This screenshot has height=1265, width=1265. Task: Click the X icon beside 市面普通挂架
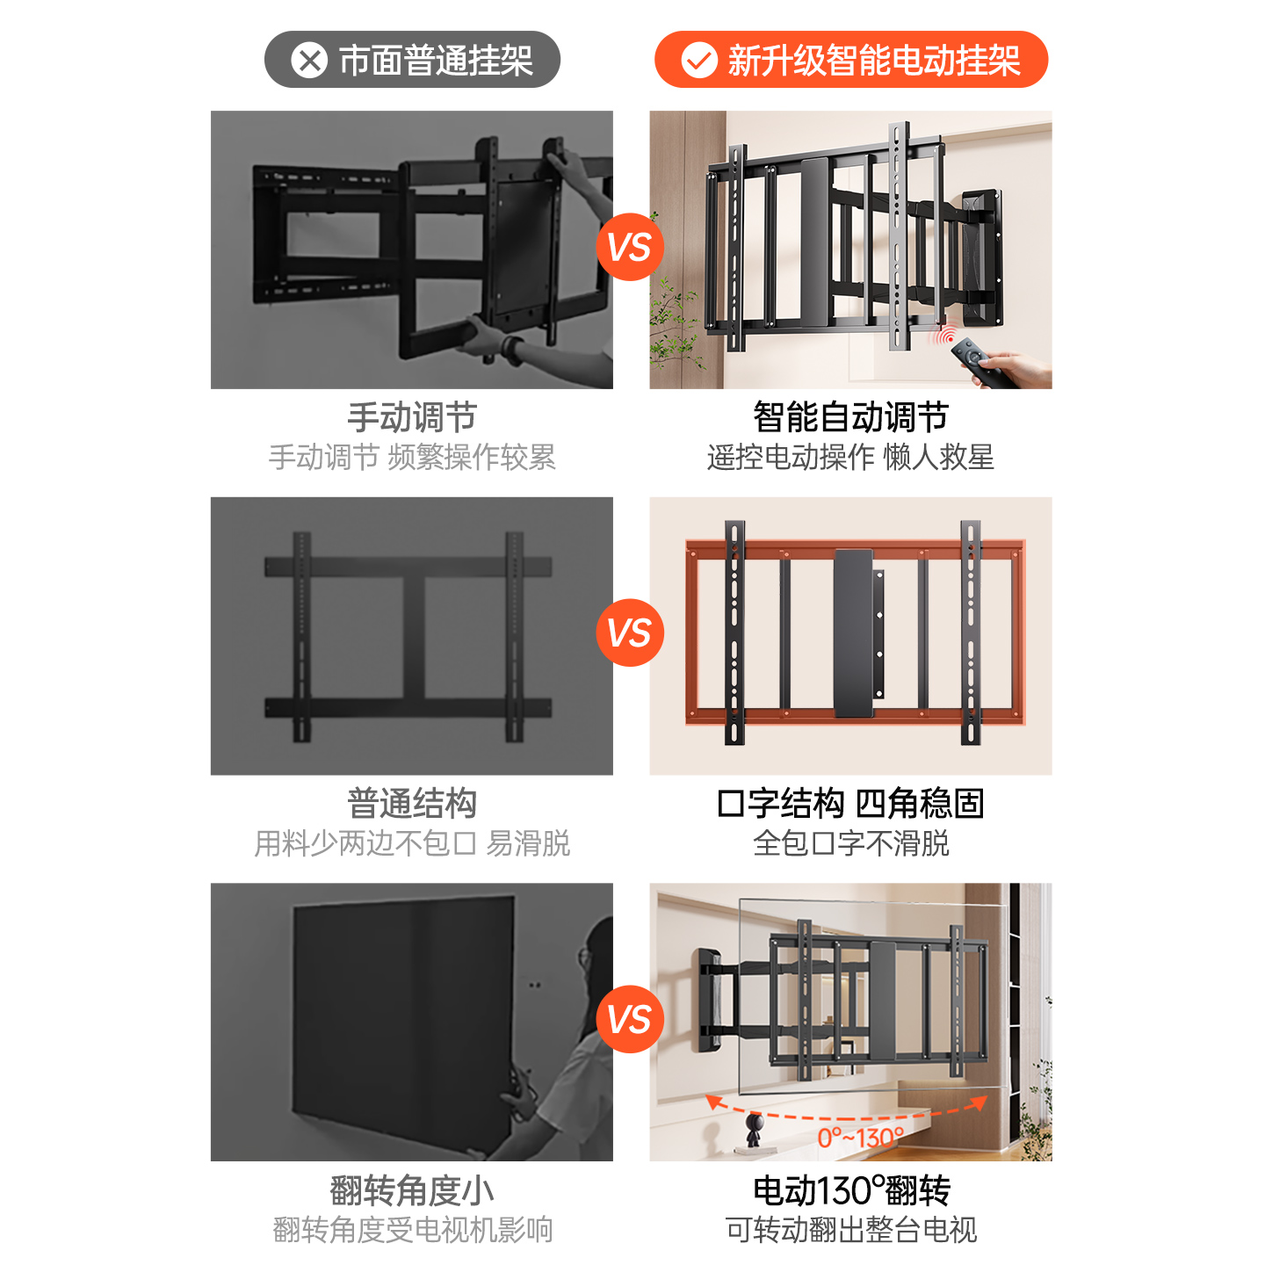[309, 61]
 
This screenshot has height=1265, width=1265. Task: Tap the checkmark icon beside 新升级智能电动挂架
[699, 61]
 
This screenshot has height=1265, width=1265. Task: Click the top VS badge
[630, 247]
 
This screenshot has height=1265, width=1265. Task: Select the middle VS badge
[630, 632]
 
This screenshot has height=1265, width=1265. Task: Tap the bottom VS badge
[630, 1019]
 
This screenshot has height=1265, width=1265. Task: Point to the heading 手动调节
[412, 417]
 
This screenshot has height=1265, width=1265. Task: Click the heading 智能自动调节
[850, 417]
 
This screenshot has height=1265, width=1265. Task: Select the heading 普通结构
[412, 804]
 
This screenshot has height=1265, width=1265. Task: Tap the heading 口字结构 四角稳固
[850, 804]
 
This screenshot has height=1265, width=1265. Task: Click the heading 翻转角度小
[412, 1191]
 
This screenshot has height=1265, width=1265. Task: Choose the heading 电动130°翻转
[850, 1191]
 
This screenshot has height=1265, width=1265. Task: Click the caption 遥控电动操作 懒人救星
[850, 458]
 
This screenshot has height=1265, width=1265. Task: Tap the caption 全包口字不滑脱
[850, 844]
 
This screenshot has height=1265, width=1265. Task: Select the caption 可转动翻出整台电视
[850, 1231]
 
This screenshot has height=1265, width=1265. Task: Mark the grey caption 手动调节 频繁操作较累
[412, 458]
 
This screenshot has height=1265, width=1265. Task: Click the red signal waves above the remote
[946, 336]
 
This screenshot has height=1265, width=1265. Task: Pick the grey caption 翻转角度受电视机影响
[412, 1231]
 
